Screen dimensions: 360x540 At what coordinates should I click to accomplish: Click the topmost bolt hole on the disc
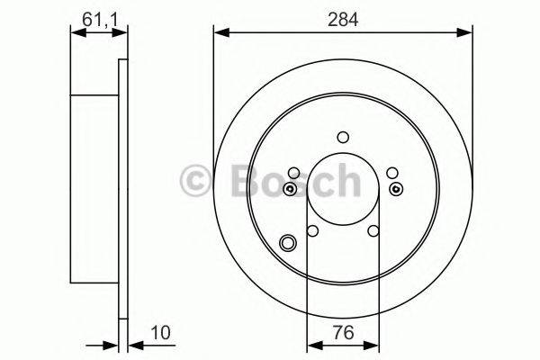343,137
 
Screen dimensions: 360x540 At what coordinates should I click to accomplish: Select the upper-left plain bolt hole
293,174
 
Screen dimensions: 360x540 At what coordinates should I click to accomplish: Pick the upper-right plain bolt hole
391,174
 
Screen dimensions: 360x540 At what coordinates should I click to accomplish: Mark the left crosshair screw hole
289,189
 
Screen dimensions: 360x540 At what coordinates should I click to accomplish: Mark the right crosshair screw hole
397,189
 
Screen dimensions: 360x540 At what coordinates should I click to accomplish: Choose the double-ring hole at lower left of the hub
289,241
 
